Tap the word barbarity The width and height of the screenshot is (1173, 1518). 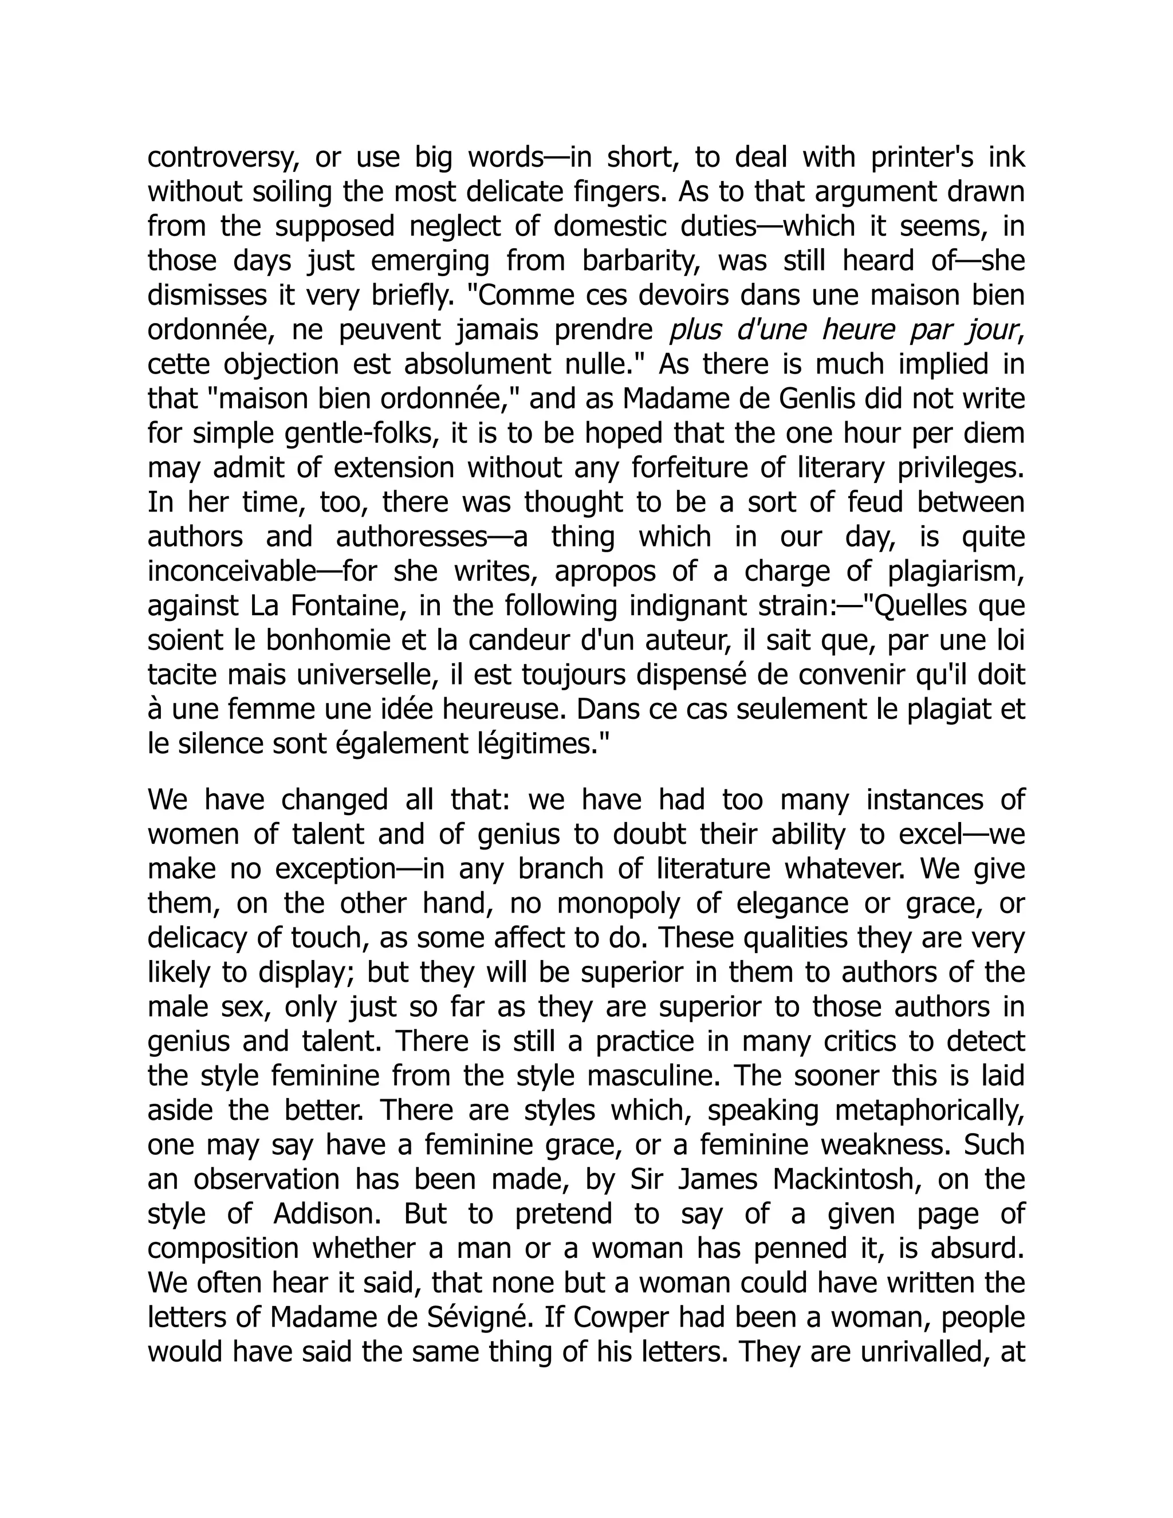[642, 261]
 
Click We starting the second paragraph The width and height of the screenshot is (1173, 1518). [167, 800]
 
